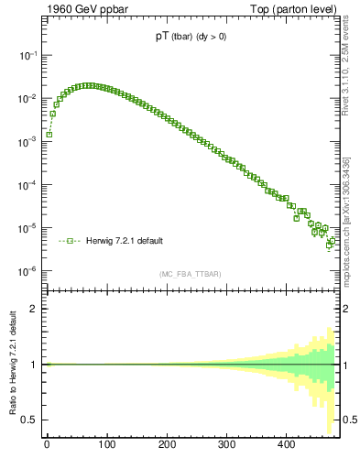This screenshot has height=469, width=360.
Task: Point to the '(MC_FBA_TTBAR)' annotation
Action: [191, 274]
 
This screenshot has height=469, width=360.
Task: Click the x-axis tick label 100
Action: [106, 445]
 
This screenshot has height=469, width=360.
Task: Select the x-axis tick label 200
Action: [167, 445]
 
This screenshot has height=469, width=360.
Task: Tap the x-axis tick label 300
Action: [226, 445]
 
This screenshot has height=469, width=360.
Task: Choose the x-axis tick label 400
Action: [287, 445]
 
